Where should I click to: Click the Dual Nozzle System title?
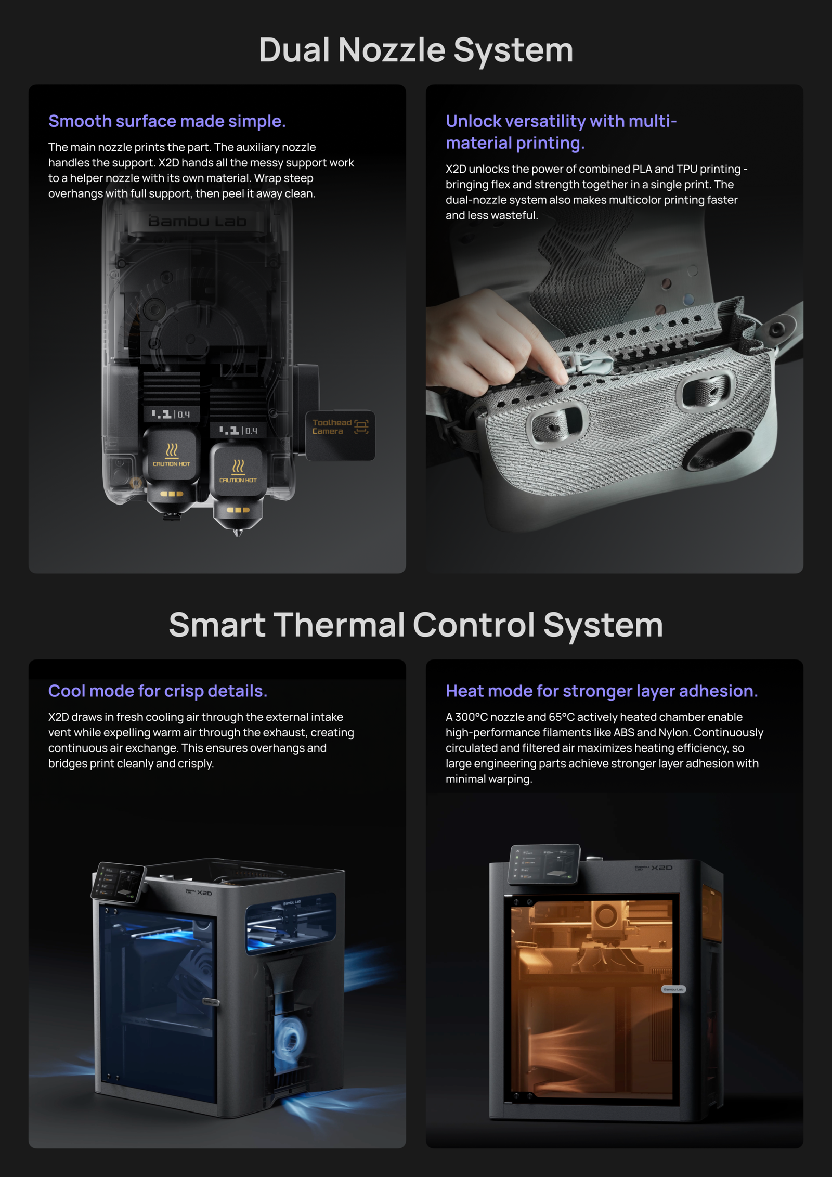416,50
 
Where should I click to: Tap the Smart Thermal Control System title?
416,625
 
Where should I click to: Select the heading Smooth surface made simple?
167,121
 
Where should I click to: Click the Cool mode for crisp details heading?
158,691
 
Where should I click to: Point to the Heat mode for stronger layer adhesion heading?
602,691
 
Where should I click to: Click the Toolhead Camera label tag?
340,428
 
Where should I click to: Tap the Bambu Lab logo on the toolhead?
197,222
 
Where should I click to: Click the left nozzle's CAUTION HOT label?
172,464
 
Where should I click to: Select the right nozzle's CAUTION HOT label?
238,480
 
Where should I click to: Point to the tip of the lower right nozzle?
238,534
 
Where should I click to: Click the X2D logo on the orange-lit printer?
662,868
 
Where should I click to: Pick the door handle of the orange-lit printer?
673,989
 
